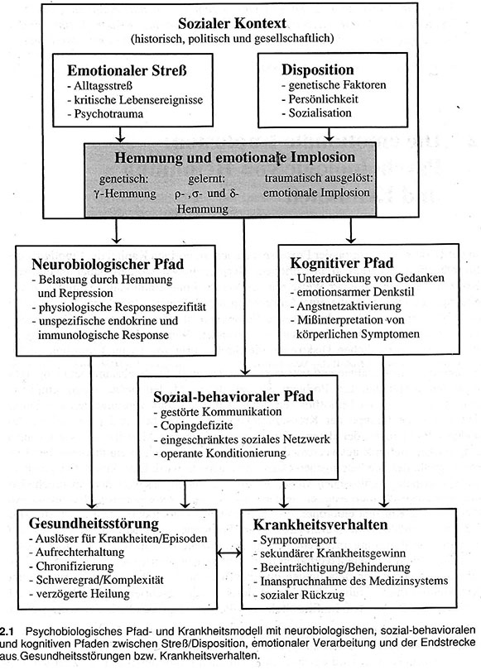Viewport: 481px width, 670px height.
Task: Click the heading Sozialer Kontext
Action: [232, 23]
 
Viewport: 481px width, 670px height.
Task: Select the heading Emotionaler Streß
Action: [127, 70]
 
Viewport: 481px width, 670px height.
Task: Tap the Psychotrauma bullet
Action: [105, 113]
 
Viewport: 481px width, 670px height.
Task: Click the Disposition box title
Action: [318, 69]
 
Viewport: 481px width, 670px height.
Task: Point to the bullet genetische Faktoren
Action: [334, 84]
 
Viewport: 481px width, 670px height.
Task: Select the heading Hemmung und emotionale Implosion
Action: [235, 157]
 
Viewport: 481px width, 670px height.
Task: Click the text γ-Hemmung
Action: [125, 194]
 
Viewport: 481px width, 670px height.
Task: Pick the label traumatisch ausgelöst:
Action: [319, 178]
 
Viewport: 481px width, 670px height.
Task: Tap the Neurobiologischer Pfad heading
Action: [108, 264]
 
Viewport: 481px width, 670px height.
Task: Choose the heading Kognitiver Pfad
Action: [342, 263]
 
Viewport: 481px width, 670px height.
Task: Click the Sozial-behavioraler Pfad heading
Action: [233, 396]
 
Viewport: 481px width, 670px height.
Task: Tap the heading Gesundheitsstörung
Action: [94, 523]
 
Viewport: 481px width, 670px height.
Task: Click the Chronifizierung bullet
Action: [71, 566]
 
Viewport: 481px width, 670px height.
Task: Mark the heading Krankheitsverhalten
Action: [320, 524]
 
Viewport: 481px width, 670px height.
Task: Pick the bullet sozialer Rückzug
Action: [300, 595]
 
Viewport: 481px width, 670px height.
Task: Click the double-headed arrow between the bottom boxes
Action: [229, 553]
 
